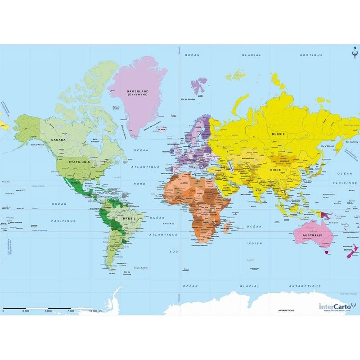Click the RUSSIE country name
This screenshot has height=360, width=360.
pos(278,134)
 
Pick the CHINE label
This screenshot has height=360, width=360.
pos(275,170)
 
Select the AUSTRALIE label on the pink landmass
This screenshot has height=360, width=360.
pos(313,235)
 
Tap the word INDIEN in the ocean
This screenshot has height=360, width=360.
pos(254,243)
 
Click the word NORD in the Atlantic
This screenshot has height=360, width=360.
pos(139,184)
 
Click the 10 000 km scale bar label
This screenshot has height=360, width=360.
pos(96,310)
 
